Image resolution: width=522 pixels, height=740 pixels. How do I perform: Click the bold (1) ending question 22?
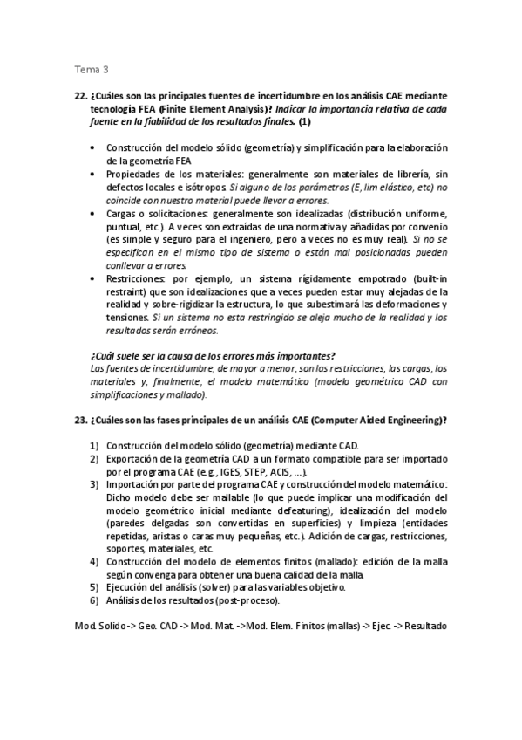305,122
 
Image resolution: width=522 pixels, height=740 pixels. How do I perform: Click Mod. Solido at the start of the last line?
98,627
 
